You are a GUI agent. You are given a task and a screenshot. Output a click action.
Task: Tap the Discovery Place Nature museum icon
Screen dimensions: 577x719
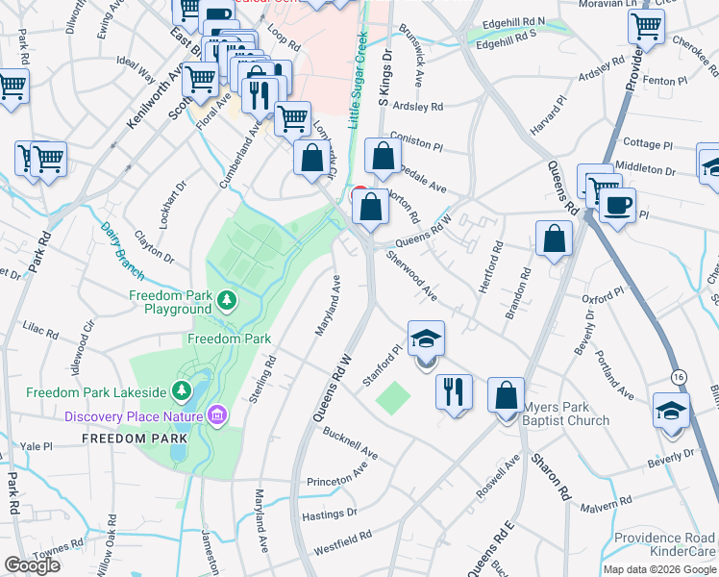coord(217,415)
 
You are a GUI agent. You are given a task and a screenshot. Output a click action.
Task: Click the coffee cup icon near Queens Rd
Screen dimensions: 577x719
coord(617,204)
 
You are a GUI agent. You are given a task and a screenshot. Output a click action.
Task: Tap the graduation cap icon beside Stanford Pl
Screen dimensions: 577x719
coord(426,339)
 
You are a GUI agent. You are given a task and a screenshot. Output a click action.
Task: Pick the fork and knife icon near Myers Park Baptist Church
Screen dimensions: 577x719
coord(454,392)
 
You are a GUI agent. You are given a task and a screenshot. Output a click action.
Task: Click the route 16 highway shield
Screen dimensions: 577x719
coord(679,374)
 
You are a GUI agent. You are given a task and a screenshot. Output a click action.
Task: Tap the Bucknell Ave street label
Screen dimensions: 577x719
coord(350,441)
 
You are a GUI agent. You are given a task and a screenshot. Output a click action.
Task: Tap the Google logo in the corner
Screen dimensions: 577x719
coord(32,565)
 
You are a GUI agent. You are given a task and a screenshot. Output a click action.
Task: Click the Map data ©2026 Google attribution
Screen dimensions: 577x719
coord(659,568)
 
